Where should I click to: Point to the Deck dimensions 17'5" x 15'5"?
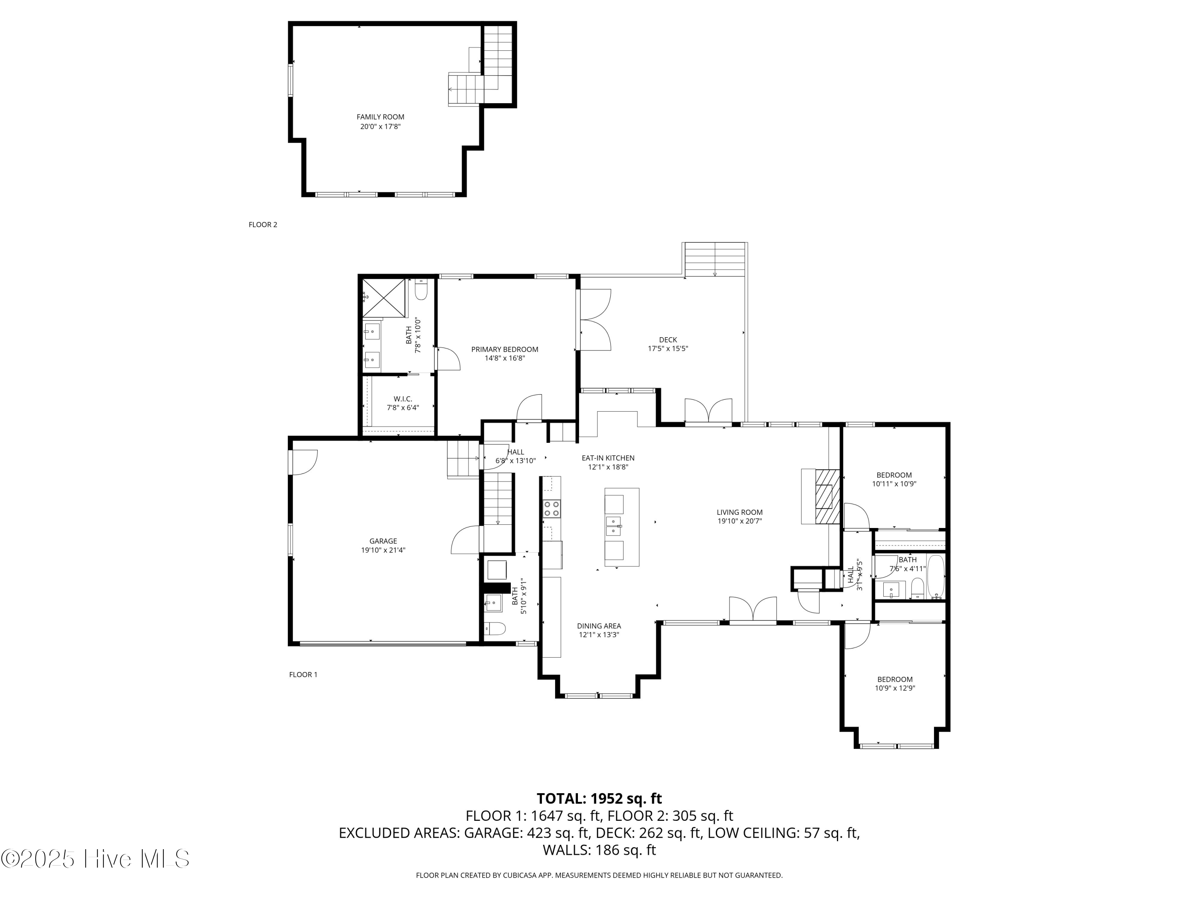pos(668,349)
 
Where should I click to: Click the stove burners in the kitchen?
pos(552,508)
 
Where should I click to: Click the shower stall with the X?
pos(384,298)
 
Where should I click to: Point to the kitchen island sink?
pos(613,526)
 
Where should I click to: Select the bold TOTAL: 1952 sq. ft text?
pos(599,798)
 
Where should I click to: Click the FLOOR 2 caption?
pos(263,224)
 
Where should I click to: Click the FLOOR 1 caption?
pos(303,674)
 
